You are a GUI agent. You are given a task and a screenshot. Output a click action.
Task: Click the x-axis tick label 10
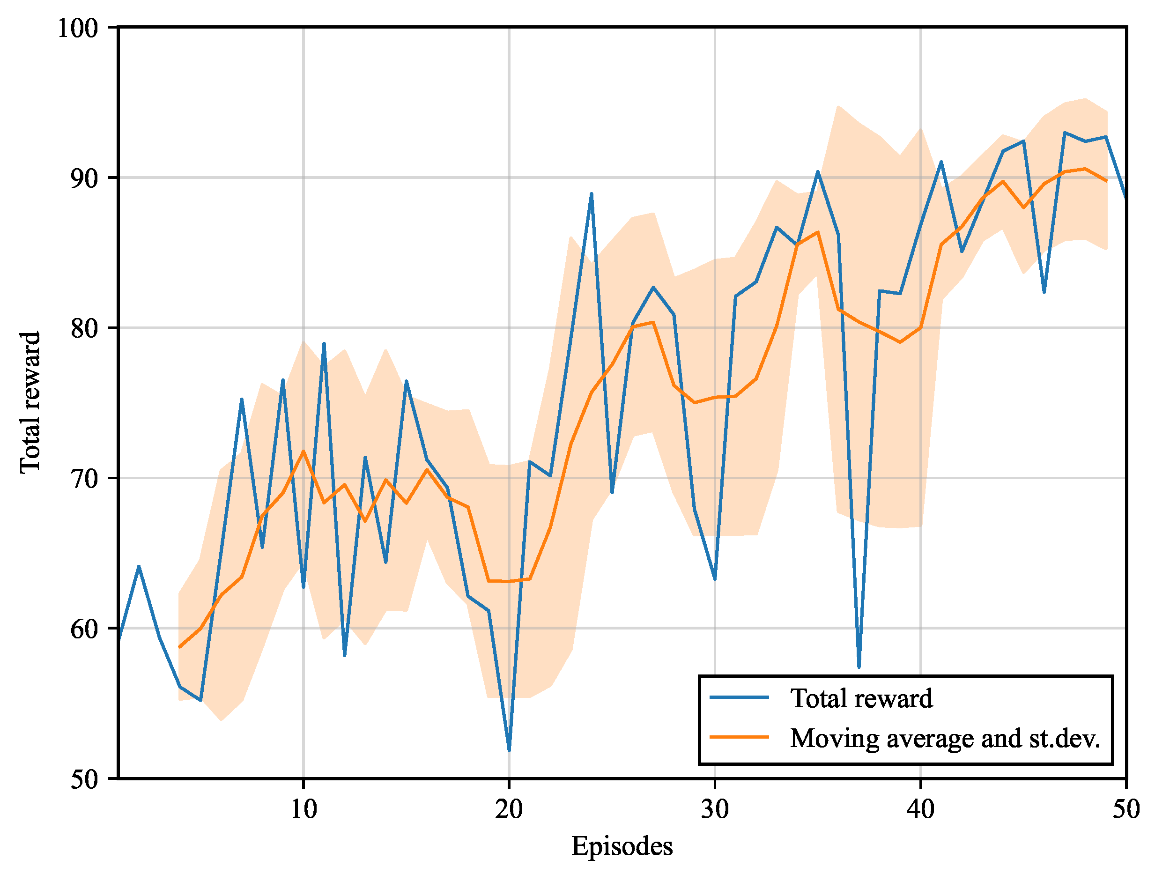pyautogui.click(x=304, y=809)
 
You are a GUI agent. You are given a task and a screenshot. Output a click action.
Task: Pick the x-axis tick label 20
pyautogui.click(x=509, y=809)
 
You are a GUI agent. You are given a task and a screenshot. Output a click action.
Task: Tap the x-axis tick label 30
pyautogui.click(x=715, y=809)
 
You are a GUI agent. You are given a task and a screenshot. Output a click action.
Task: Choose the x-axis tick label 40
pyautogui.click(x=920, y=809)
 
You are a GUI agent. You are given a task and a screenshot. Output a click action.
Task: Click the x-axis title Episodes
pyautogui.click(x=622, y=846)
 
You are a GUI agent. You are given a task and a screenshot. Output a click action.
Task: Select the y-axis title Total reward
pyautogui.click(x=30, y=402)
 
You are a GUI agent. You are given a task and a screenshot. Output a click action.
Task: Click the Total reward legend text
pyautogui.click(x=861, y=698)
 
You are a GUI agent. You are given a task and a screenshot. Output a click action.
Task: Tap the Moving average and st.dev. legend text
pyautogui.click(x=945, y=738)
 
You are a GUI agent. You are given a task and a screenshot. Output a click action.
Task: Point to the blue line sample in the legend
pyautogui.click(x=740, y=697)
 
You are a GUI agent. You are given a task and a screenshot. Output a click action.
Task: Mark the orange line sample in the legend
pyautogui.click(x=740, y=737)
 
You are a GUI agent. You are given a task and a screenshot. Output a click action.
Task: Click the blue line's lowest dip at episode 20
pyautogui.click(x=509, y=750)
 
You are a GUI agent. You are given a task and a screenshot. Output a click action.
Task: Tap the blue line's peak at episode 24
pyautogui.click(x=591, y=194)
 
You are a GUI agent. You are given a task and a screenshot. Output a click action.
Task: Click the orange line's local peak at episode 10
pyautogui.click(x=304, y=451)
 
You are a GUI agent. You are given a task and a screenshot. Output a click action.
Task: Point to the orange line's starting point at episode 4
pyautogui.click(x=180, y=647)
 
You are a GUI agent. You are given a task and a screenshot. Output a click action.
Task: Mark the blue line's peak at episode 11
pyautogui.click(x=324, y=343)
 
